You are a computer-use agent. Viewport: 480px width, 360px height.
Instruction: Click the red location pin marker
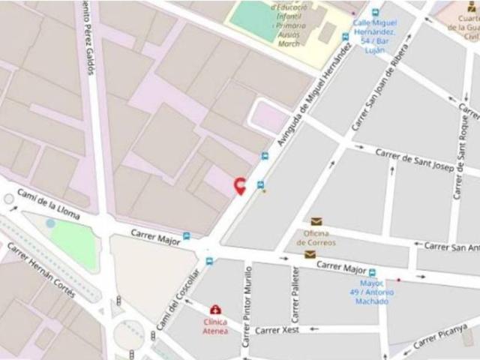[x=240, y=186]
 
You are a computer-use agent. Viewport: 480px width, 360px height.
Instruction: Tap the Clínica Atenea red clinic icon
[x=215, y=310]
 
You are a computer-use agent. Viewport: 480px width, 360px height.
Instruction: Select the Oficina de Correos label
[x=316, y=238]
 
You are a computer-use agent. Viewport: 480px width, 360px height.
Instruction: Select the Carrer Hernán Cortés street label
[x=41, y=270]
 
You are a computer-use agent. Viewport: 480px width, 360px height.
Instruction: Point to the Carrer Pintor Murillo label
[x=247, y=304]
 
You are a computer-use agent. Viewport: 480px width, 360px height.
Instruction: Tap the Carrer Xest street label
[x=277, y=330]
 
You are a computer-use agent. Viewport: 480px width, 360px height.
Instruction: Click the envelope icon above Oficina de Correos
[x=316, y=222]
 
